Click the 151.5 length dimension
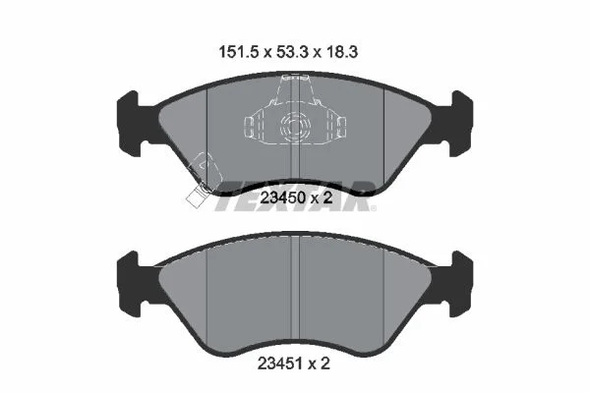point(238,52)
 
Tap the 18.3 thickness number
point(341,52)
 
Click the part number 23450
point(284,197)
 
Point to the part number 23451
point(280,364)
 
